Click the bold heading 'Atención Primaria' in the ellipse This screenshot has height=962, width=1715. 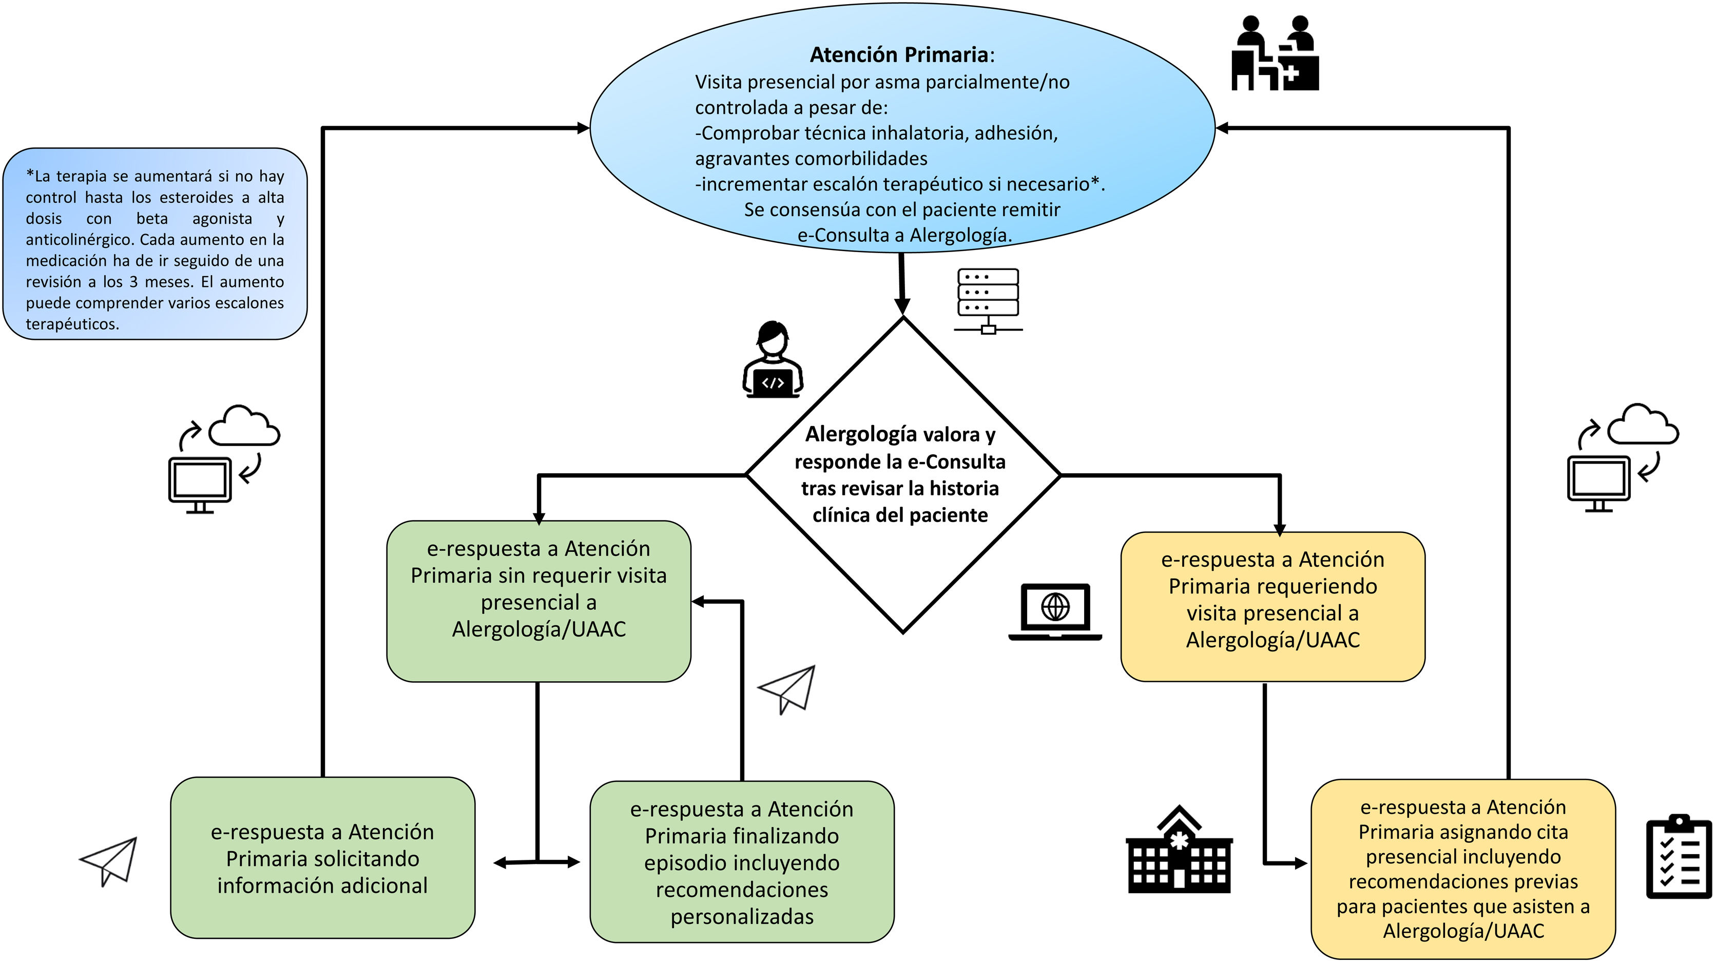click(x=900, y=54)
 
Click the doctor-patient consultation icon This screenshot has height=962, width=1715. click(x=1274, y=53)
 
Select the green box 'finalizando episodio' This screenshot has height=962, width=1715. click(x=742, y=861)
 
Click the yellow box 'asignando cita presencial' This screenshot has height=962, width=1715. click(x=1462, y=868)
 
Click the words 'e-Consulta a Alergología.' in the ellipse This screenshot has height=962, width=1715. click(x=904, y=235)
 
